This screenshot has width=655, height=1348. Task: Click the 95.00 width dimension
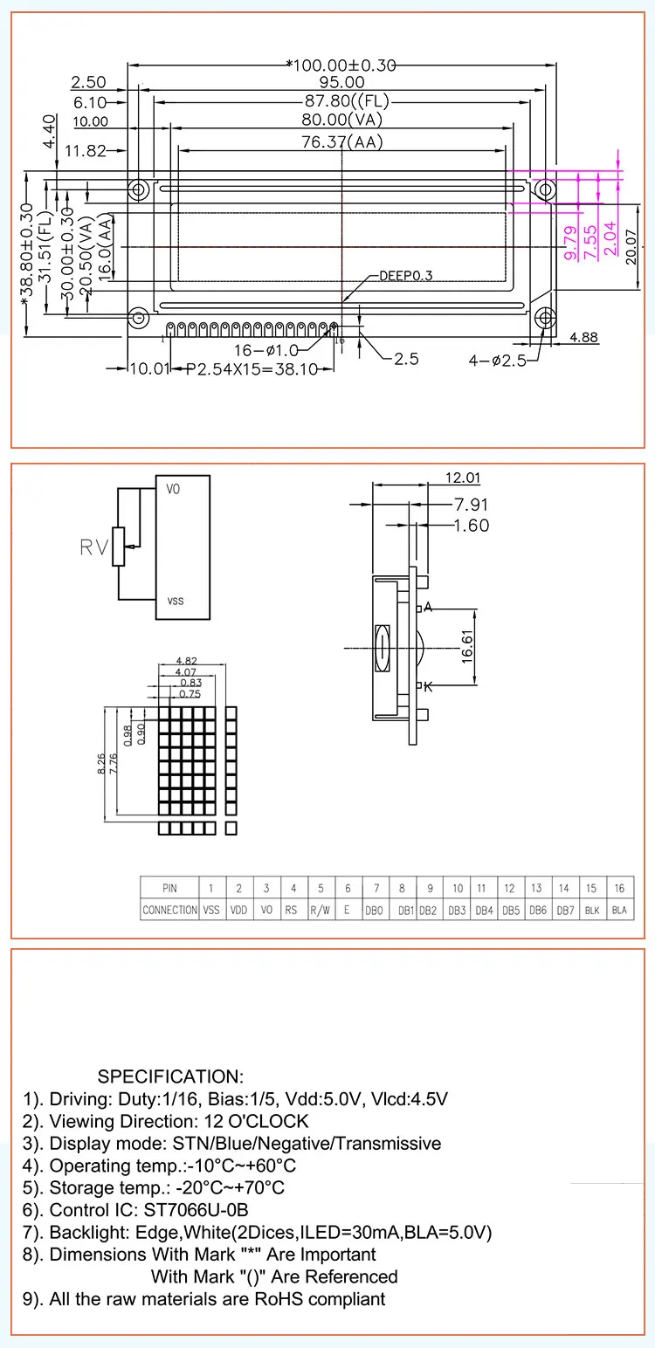(x=342, y=82)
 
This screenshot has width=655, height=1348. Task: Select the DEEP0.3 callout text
(x=405, y=276)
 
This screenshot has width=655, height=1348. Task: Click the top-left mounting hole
(x=138, y=189)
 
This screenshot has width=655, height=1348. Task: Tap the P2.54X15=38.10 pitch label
(x=259, y=369)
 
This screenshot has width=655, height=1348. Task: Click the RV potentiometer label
(x=94, y=547)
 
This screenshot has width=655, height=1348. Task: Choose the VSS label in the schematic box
(x=175, y=602)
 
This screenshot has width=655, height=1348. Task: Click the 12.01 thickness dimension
(x=463, y=478)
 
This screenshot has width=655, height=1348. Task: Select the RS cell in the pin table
(x=293, y=910)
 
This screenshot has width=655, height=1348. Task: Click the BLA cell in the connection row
(x=619, y=910)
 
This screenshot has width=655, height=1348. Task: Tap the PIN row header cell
(x=169, y=888)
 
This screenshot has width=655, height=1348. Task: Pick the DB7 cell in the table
(x=564, y=910)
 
